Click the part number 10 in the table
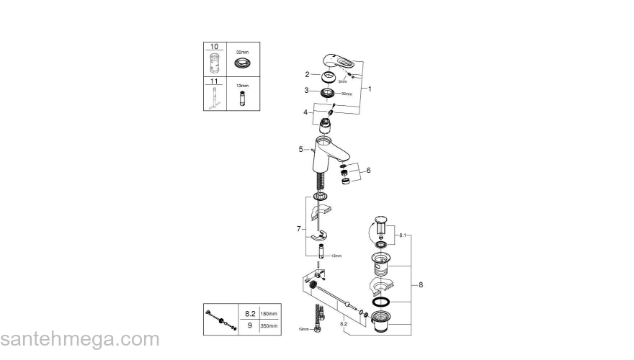[213, 46]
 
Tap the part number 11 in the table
[213, 82]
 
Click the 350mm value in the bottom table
[268, 325]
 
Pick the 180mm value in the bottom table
[268, 314]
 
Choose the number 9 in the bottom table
[251, 325]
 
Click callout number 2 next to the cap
[307, 74]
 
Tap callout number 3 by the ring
[306, 91]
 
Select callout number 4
[306, 112]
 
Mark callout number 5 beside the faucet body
[300, 150]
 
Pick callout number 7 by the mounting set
[298, 228]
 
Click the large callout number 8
[421, 284]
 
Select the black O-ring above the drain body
[383, 300]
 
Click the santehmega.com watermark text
[79, 339]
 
